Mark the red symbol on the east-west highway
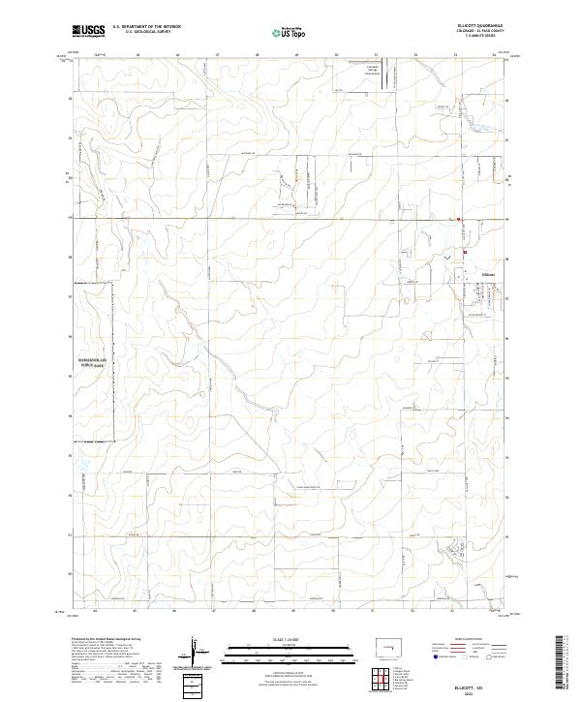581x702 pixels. pyautogui.click(x=459, y=220)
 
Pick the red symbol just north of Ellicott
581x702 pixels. pyautogui.click(x=464, y=254)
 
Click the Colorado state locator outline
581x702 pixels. pyautogui.click(x=393, y=647)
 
